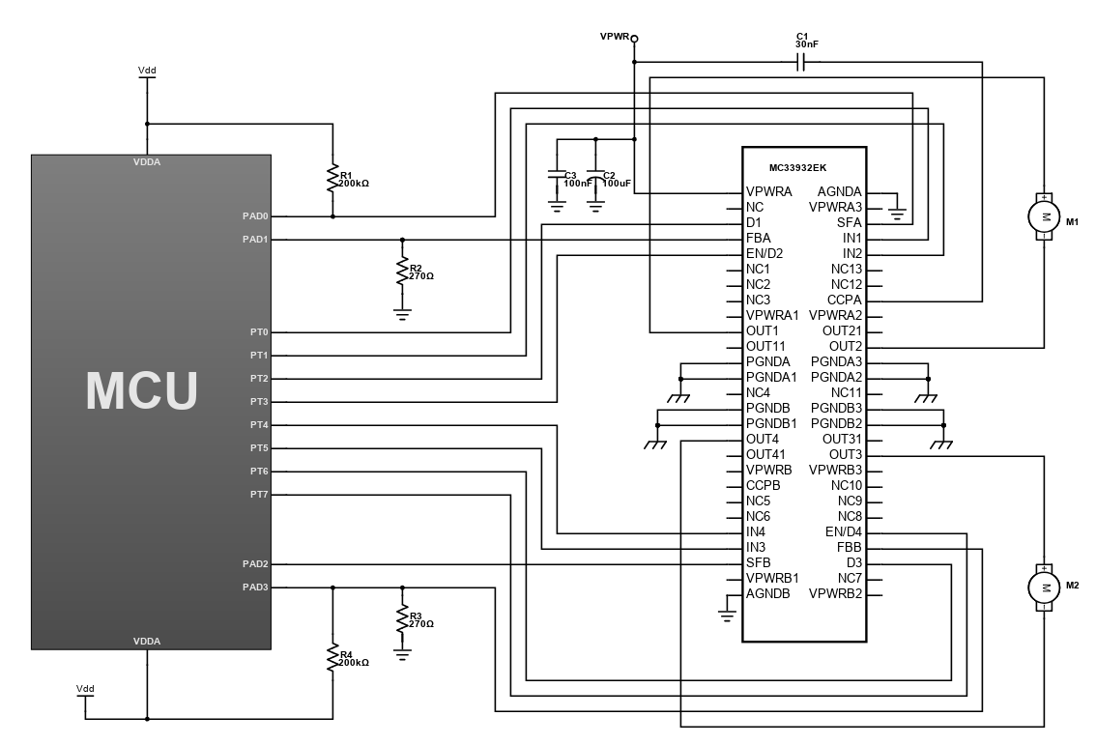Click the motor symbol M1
pos(1044,216)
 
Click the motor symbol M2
pos(1044,587)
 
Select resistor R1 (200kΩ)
pos(332,178)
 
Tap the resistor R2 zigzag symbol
pos(402,272)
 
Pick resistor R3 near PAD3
pos(402,618)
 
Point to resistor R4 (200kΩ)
pos(332,658)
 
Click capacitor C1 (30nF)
pos(802,63)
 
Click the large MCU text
pos(142,390)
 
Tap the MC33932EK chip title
pos(797,168)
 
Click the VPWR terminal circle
pos(635,39)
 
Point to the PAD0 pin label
pos(255,215)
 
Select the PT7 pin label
pos(259,494)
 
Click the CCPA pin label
pos(845,300)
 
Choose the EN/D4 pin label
pos(844,531)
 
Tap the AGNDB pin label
pos(767,593)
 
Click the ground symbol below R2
pos(402,314)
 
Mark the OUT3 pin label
pos(846,454)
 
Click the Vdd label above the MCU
pos(147,70)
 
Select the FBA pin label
pos(759,238)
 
